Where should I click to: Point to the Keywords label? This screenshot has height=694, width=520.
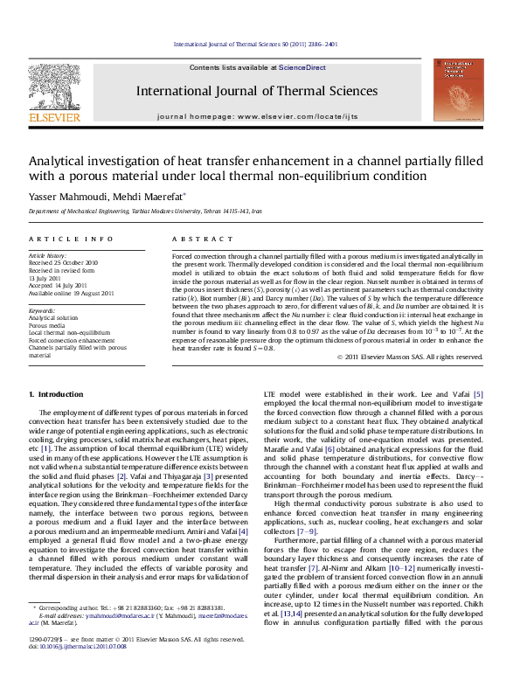tap(44, 310)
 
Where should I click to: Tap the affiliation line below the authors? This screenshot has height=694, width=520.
tap(142, 212)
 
